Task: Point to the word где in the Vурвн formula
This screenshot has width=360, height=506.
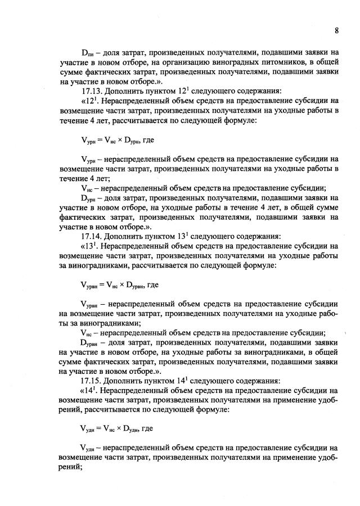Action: pyautogui.click(x=152, y=284)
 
